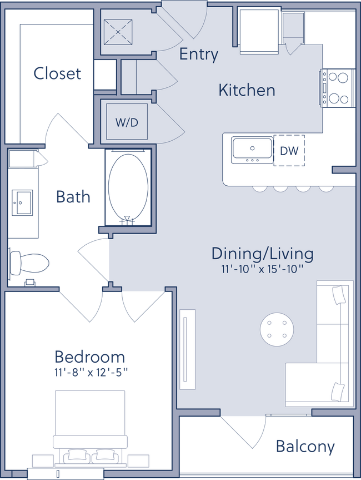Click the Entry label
(x=198, y=55)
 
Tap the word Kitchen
(x=247, y=90)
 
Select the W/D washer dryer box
(x=127, y=122)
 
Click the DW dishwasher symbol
(x=289, y=150)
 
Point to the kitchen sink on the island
(x=252, y=150)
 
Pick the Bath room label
(x=73, y=196)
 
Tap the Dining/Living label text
(x=262, y=254)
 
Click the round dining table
(x=276, y=328)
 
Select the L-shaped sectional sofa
(x=328, y=356)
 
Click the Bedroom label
(x=89, y=356)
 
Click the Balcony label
(x=306, y=447)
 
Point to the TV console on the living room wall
(x=188, y=349)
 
